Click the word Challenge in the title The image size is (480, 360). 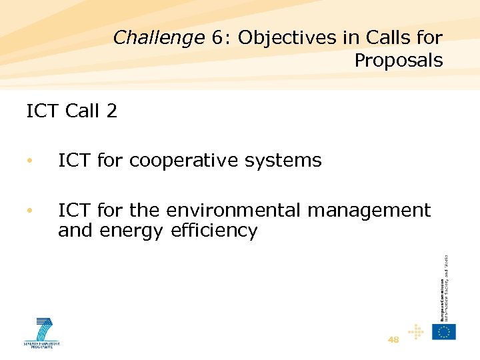158,38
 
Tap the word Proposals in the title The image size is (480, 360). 398,61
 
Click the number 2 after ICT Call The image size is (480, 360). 111,111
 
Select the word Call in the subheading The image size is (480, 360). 82,111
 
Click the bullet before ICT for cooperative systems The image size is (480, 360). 29,161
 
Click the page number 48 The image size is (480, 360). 393,339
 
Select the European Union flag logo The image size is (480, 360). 443,331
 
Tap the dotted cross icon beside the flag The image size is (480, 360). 416,331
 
